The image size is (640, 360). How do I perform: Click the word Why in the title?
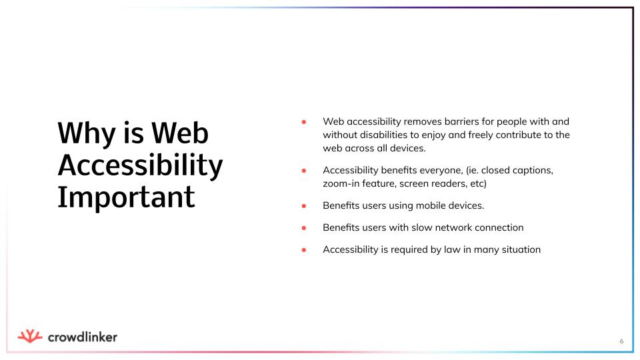(x=87, y=133)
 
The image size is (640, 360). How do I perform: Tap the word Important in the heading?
(x=126, y=197)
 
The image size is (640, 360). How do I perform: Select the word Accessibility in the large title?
(x=141, y=165)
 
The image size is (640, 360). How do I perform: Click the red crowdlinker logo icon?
(x=30, y=336)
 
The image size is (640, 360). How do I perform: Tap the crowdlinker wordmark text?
(x=83, y=337)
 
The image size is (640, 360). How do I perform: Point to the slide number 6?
(x=621, y=341)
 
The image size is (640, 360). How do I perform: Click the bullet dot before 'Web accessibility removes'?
(x=304, y=121)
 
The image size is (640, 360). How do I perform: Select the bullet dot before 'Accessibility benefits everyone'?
(x=304, y=170)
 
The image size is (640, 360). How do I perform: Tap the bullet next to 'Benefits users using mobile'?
(x=304, y=206)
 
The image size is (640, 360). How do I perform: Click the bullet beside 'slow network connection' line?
(x=304, y=228)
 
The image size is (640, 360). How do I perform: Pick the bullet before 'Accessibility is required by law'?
(x=304, y=250)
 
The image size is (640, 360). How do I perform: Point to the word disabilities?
(x=384, y=135)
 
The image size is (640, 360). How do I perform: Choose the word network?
(x=447, y=228)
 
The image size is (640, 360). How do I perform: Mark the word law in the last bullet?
(x=452, y=250)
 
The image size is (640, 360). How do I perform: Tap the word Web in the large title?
(x=180, y=133)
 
